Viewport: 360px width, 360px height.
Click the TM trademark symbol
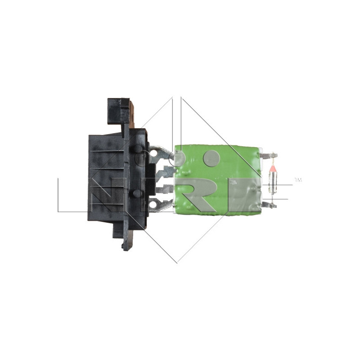pyautogui.click(x=297, y=180)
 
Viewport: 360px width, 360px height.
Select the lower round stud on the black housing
pyautogui.click(x=137, y=193)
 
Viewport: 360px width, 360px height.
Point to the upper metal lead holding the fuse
pyautogui.click(x=269, y=156)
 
